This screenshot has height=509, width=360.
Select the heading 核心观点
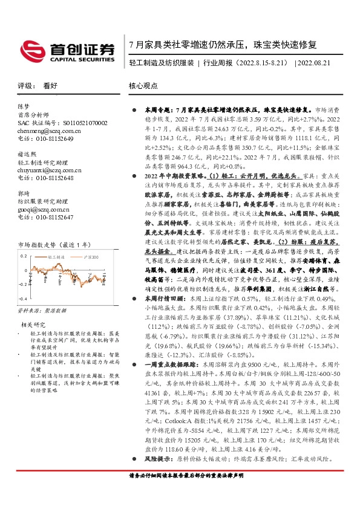click(x=142, y=86)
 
